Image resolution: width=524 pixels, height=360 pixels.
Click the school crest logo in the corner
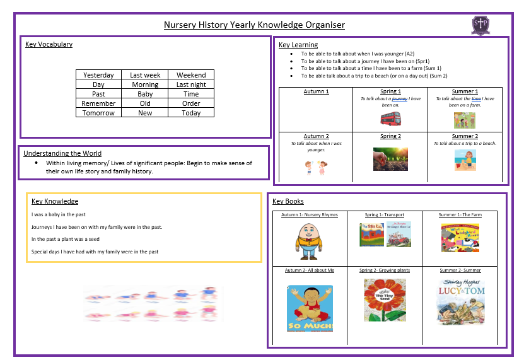[480, 25]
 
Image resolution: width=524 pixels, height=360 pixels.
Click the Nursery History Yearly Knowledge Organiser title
[254, 25]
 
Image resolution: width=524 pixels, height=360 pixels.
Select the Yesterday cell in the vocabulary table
[98, 75]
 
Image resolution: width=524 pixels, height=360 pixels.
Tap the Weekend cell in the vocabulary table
[191, 75]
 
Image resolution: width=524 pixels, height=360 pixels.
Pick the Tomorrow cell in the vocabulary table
[98, 113]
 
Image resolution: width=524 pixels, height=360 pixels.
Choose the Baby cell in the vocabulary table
[145, 94]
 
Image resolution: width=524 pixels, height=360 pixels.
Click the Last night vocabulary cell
[191, 84]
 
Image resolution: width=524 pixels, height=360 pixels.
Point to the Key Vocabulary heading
[49, 44]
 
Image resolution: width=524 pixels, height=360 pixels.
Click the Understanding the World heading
[62, 153]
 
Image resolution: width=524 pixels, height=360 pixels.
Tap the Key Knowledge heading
[55, 201]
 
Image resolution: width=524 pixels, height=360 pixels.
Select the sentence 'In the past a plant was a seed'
[66, 240]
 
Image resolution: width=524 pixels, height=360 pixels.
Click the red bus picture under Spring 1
[390, 119]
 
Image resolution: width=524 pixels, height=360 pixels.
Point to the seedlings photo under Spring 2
[390, 159]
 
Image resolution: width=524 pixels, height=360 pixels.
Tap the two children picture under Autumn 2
[316, 168]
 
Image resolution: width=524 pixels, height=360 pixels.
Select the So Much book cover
[310, 308]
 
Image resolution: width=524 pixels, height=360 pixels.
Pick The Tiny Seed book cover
[384, 300]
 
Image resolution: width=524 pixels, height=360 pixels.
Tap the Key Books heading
[288, 201]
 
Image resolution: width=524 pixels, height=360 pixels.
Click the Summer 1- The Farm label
[460, 215]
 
